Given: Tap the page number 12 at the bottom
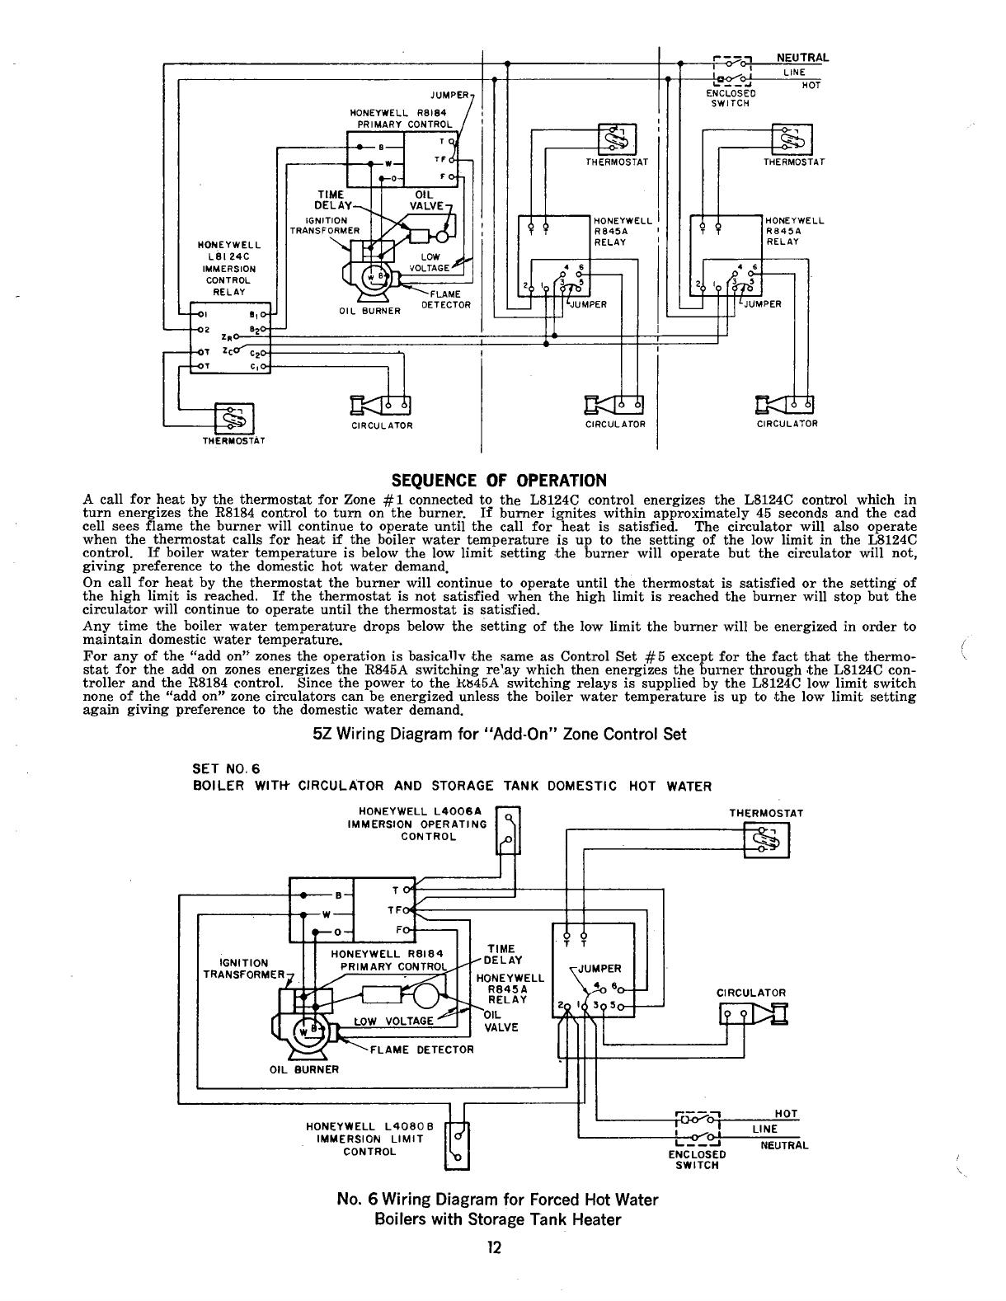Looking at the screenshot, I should point(494,1247).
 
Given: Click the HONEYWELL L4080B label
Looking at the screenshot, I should point(369,1127).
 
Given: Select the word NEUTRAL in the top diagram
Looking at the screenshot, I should point(802,58).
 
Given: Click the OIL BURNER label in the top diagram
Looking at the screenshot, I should point(369,311).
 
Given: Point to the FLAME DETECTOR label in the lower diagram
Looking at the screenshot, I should point(421,1050).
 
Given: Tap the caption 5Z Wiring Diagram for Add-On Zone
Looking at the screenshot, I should point(500,734).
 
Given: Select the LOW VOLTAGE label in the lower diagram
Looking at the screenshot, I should point(393,1021).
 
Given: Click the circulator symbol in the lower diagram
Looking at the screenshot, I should point(754,1014).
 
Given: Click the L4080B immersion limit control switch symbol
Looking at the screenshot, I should point(457,1145).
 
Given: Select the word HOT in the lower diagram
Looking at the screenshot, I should point(787,1114).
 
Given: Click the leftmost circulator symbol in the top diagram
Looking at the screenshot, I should point(380,405).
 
